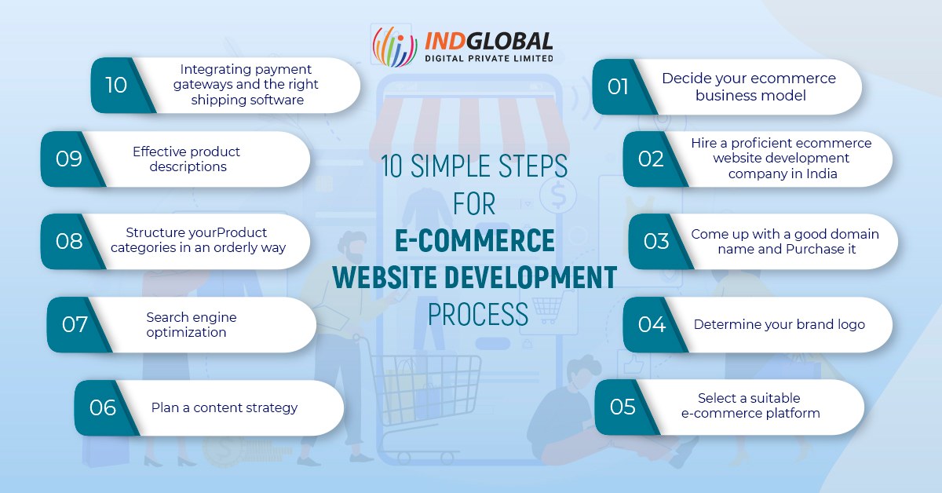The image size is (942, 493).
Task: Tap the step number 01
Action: [x=618, y=86]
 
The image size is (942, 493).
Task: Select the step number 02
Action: [x=651, y=159]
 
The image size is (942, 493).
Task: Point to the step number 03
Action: [x=656, y=241]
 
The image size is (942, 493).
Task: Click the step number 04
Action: [x=652, y=324]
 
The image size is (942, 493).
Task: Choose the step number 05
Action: [x=623, y=407]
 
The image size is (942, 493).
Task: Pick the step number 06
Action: [x=103, y=407]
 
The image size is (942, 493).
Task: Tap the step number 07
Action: [x=75, y=324]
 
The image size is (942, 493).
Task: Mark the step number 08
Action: [x=69, y=241]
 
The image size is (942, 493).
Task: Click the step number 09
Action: [x=69, y=159]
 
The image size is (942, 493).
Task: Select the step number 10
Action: [x=115, y=85]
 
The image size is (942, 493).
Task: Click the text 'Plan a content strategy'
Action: [x=225, y=407]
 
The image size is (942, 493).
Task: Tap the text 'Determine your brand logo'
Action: [x=779, y=324]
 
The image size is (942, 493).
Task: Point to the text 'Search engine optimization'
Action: [x=191, y=324]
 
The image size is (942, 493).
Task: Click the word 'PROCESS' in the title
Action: [x=477, y=314]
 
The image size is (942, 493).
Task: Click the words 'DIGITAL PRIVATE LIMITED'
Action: [x=488, y=57]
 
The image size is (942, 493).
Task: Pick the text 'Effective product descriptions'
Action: [x=186, y=159]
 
